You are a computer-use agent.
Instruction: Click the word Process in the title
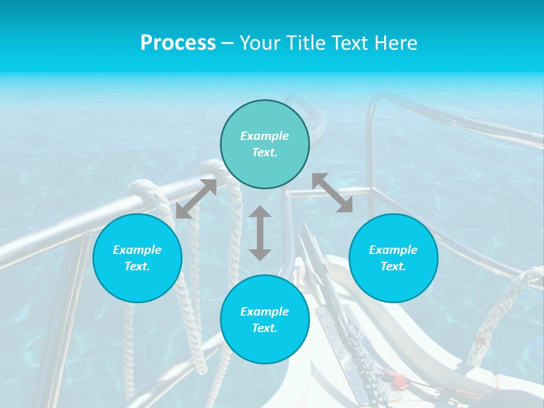click(x=178, y=43)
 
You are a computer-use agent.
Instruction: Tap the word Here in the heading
click(x=395, y=43)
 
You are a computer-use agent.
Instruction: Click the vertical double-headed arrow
click(x=260, y=233)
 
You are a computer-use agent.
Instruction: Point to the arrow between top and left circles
click(x=196, y=199)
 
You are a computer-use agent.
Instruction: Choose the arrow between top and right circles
click(x=333, y=193)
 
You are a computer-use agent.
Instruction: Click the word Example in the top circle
click(x=265, y=136)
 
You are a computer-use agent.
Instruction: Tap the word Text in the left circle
click(x=137, y=266)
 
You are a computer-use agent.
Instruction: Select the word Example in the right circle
click(x=393, y=250)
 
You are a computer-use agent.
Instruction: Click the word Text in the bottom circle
click(x=265, y=328)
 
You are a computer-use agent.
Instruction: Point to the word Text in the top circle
click(x=265, y=152)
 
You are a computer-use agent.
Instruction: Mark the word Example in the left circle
click(x=137, y=250)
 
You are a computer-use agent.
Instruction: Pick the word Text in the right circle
click(x=393, y=266)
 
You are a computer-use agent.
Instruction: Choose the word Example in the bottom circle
click(x=265, y=312)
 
